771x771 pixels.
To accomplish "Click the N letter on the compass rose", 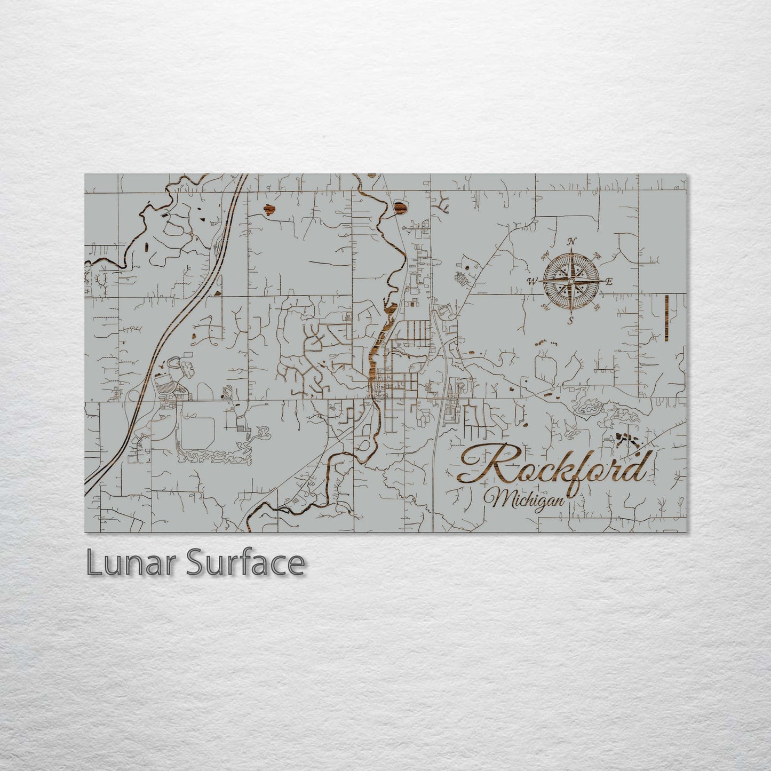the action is [571, 242].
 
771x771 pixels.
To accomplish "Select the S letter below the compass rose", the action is [570, 320].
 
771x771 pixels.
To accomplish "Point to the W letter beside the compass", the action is [532, 281].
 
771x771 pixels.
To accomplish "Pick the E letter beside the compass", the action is [609, 281].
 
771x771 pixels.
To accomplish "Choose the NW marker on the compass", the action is [545, 256].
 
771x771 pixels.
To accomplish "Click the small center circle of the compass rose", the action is [571, 281].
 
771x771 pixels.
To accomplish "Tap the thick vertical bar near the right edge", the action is [667, 317].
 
